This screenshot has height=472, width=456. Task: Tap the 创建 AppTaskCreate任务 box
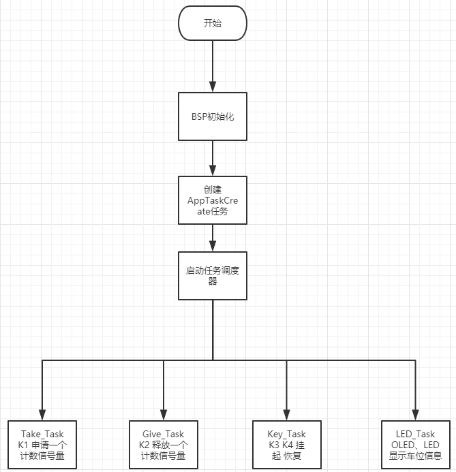coord(212,200)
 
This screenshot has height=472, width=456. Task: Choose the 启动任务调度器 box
coord(212,275)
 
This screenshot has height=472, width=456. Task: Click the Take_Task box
coord(42,444)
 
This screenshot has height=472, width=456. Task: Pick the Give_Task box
coord(164,444)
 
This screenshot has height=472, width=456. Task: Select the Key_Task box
coord(286,444)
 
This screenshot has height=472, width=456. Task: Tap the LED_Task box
coord(414,444)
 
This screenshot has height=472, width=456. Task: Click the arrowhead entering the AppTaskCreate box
coord(213,170)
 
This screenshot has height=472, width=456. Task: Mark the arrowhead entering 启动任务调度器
coord(213,246)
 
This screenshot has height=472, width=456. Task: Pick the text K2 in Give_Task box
coord(145,445)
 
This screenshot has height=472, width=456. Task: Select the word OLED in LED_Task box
coord(401,445)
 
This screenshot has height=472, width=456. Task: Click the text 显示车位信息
coord(415,456)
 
